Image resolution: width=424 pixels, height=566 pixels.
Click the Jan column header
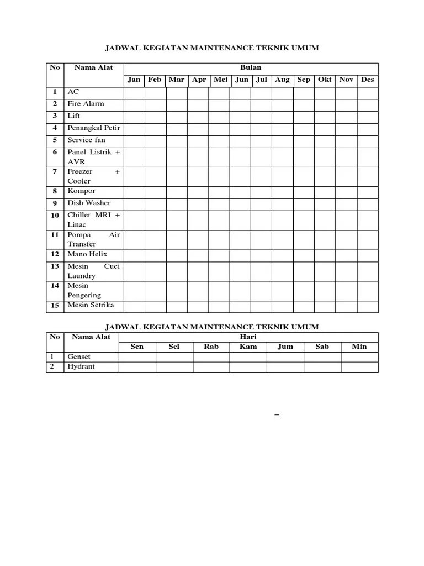(134, 80)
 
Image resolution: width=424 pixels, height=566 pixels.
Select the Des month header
(367, 80)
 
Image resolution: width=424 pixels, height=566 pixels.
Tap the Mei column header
(220, 80)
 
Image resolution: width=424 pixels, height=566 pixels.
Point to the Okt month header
(325, 80)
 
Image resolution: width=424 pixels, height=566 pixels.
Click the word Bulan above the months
(251, 67)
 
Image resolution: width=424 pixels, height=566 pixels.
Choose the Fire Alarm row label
(86, 104)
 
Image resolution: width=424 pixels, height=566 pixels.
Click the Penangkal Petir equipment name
(93, 128)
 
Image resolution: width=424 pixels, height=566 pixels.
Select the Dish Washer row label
(89, 203)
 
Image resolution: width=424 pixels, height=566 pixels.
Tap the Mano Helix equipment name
(87, 255)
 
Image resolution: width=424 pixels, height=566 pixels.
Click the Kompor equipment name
(81, 191)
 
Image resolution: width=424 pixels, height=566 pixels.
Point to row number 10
(55, 216)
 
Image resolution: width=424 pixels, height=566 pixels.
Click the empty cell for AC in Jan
(134, 92)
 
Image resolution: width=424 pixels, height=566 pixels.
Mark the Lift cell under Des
(368, 116)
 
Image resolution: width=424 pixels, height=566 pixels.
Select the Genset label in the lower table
(79, 357)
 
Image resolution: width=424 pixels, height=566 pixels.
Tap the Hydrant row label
(81, 367)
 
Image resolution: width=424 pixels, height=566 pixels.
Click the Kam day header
(248, 347)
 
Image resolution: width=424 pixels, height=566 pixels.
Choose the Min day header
(359, 347)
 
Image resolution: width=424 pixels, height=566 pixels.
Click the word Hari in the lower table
(248, 337)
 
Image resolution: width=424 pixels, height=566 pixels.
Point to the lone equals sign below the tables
(277, 415)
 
